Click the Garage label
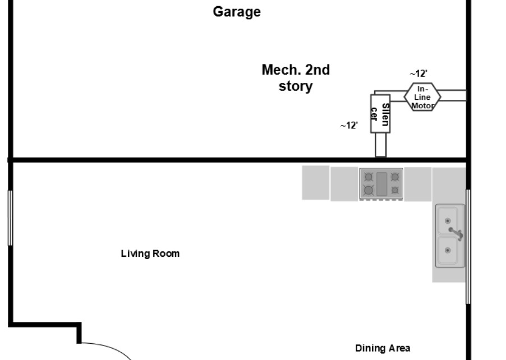click(x=236, y=12)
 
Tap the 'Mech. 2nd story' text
click(x=296, y=78)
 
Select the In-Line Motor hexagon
click(x=422, y=97)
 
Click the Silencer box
click(x=380, y=114)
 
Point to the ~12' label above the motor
click(x=418, y=73)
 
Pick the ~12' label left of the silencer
click(x=349, y=126)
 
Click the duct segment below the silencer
click(x=380, y=145)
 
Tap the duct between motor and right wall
click(x=453, y=96)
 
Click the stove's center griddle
click(x=381, y=183)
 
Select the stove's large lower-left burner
click(x=369, y=191)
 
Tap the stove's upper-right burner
click(x=395, y=177)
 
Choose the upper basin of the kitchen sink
click(x=449, y=218)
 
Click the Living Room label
click(x=150, y=254)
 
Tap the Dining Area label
click(x=383, y=348)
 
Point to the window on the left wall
click(x=10, y=218)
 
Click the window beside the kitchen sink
click(x=468, y=247)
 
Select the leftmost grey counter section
click(x=315, y=182)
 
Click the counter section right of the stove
click(x=418, y=184)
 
